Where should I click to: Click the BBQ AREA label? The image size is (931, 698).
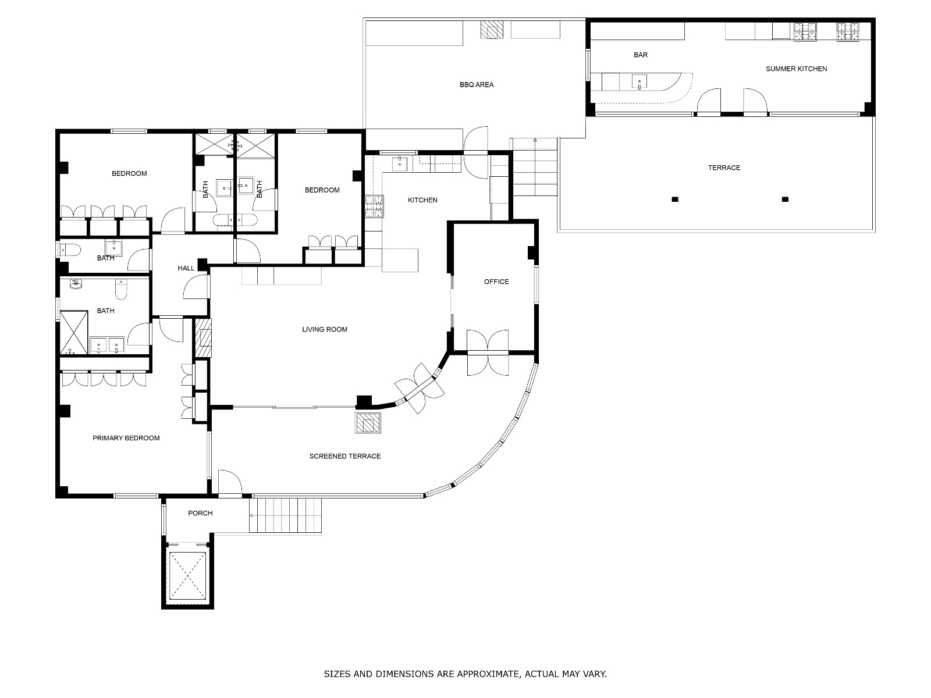point(477,85)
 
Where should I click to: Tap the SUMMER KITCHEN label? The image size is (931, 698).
point(796,69)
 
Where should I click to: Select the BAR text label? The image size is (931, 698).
point(641,55)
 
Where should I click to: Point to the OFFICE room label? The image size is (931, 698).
point(496,282)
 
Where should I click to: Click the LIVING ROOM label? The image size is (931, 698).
point(325,329)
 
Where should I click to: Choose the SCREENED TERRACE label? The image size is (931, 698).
point(345,456)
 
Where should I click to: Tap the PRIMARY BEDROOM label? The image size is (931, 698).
point(126,438)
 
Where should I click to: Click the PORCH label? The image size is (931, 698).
point(200,513)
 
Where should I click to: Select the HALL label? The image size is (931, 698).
point(186,268)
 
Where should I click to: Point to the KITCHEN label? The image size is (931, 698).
point(422,200)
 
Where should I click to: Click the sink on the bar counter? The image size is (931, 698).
point(639,82)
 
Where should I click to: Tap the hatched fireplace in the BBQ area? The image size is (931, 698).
point(492,30)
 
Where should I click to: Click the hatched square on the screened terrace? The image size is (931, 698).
point(368,422)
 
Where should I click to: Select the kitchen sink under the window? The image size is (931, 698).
point(400,164)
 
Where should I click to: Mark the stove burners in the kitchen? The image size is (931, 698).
point(375,206)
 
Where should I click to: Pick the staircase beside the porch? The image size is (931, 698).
point(285,515)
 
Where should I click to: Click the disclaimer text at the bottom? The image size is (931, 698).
point(465,674)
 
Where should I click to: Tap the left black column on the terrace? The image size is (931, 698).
point(675,199)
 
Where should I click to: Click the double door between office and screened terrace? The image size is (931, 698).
point(488,352)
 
